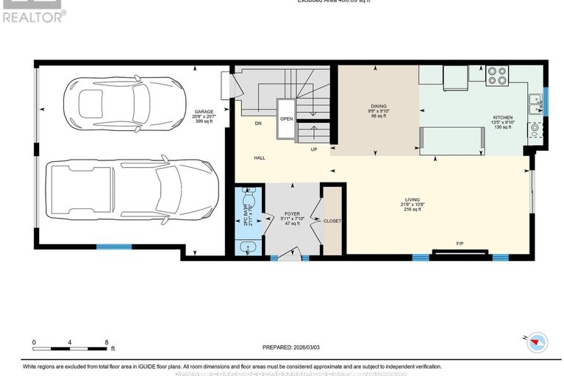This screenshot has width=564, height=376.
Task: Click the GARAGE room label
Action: [x=204, y=112]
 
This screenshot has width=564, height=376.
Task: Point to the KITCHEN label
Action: [x=503, y=118]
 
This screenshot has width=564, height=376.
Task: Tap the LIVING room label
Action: [x=412, y=199]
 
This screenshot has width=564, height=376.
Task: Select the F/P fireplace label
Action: [x=460, y=243]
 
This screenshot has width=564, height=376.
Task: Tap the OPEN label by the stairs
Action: [x=287, y=118]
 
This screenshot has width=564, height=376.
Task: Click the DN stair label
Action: [x=258, y=123]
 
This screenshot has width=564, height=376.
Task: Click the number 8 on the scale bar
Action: [x=107, y=342]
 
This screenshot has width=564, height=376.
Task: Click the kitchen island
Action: [x=451, y=139]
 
